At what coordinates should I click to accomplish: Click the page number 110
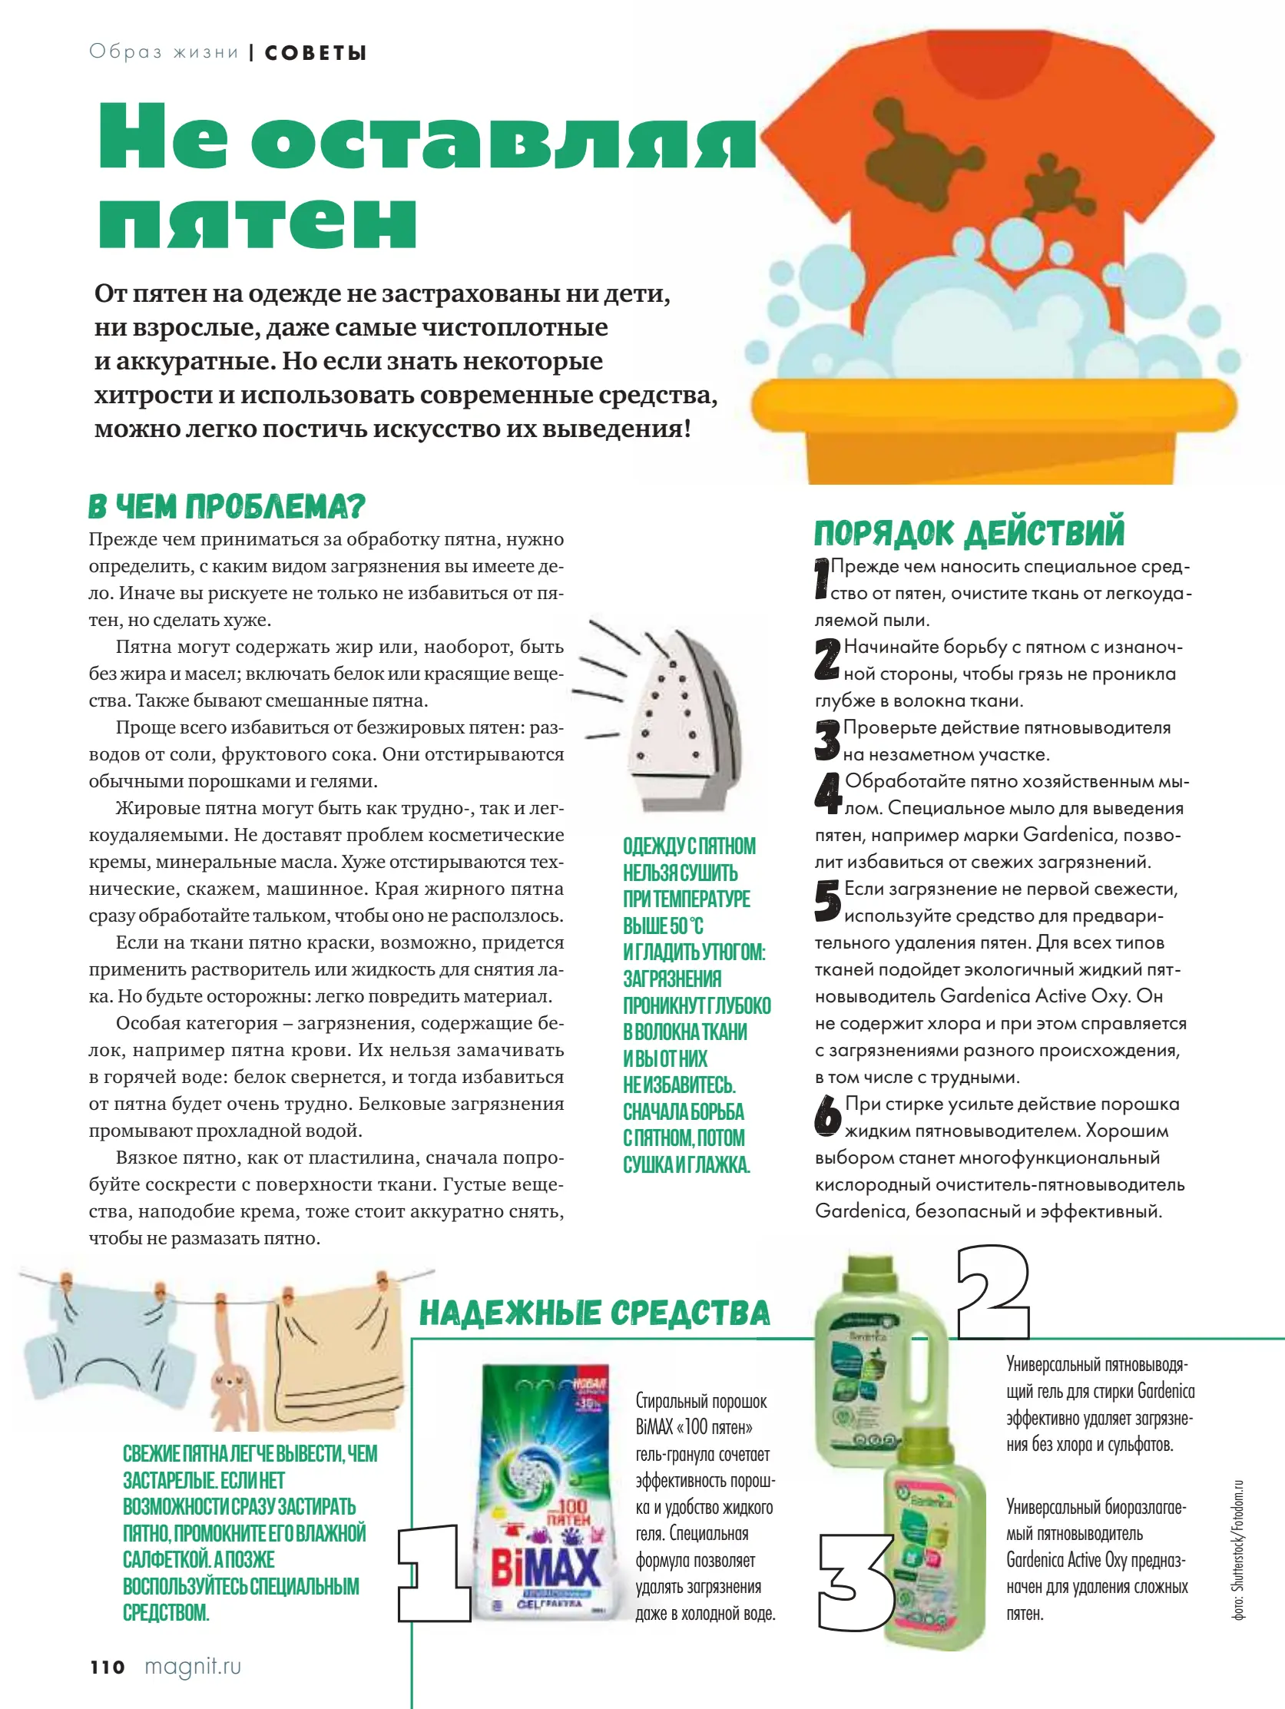tap(107, 1667)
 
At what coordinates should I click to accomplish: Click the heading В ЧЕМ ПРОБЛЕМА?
tap(226, 507)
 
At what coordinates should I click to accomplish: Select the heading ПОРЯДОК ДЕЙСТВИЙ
tap(969, 533)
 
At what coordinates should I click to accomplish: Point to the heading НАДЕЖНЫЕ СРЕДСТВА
tap(594, 1313)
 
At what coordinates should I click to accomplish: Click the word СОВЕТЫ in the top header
tap(315, 52)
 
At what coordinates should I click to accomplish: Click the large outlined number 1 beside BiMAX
tap(433, 1573)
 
